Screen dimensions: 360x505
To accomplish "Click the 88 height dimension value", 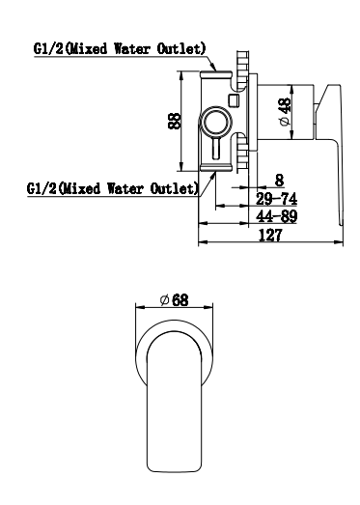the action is tap(175, 121).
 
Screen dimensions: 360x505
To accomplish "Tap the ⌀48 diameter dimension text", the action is tap(285, 112).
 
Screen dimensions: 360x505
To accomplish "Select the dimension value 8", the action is tap(280, 180).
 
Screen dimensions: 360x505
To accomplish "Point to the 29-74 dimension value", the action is tap(276, 199).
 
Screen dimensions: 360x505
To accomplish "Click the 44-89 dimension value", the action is tap(276, 216).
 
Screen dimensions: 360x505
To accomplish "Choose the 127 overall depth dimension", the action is tap(270, 235).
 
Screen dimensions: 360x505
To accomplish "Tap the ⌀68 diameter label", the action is tap(174, 300).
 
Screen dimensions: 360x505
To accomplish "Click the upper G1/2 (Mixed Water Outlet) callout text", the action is tap(120, 49).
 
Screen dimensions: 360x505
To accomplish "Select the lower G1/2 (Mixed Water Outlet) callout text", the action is tap(112, 188).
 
